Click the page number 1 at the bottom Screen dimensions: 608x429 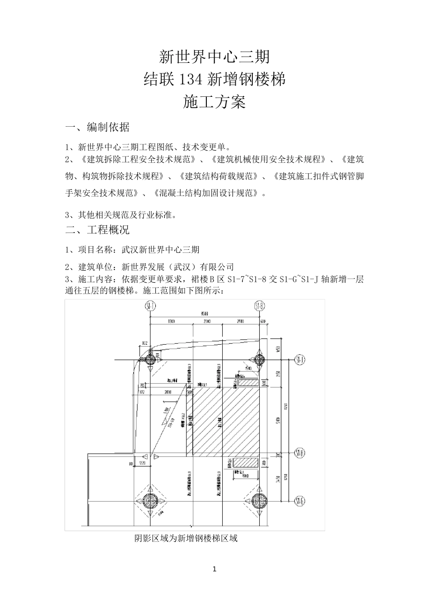click(214, 569)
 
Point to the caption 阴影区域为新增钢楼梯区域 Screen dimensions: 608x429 click(186, 538)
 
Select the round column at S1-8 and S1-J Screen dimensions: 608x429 click(259, 360)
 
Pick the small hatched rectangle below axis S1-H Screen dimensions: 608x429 click(246, 463)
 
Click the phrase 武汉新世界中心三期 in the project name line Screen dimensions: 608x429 click(161, 250)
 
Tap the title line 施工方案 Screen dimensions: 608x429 click(214, 103)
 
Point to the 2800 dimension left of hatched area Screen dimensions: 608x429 click(168, 392)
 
